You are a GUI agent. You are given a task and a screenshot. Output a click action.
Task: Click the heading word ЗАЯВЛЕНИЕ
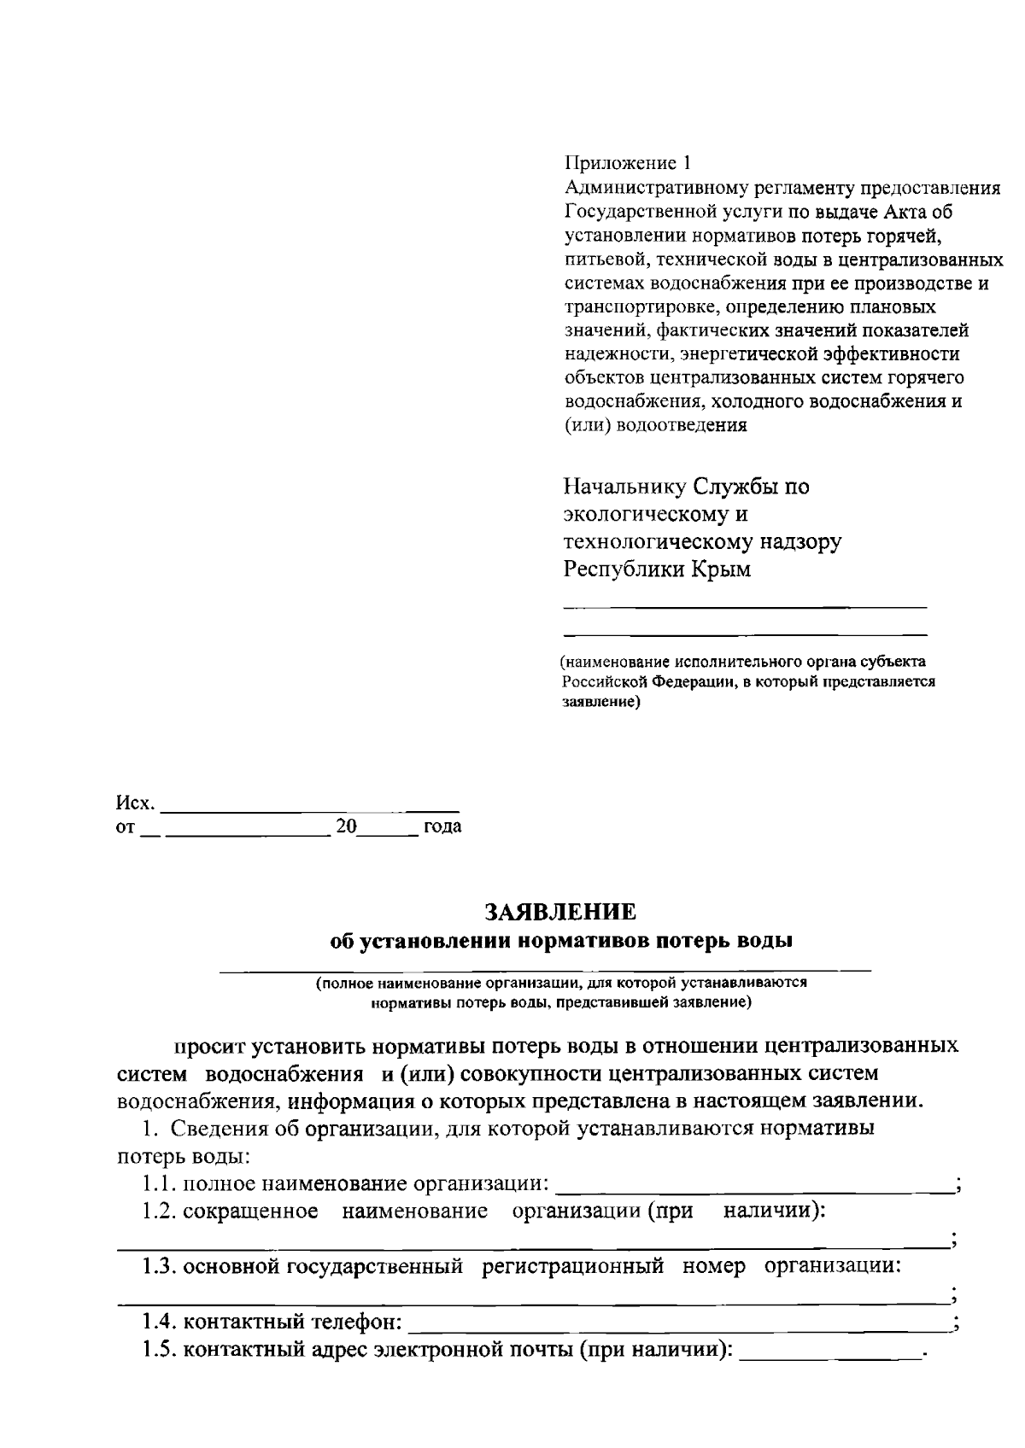560,912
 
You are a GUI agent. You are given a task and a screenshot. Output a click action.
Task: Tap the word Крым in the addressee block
722,569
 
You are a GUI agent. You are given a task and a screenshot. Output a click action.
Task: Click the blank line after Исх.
310,806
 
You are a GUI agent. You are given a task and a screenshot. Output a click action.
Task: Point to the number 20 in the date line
346,826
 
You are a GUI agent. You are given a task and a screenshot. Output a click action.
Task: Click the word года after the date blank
442,826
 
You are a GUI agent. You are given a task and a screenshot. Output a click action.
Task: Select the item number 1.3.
160,1266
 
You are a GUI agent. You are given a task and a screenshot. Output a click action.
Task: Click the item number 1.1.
160,1184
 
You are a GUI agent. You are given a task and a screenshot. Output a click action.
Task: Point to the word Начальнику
624,487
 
